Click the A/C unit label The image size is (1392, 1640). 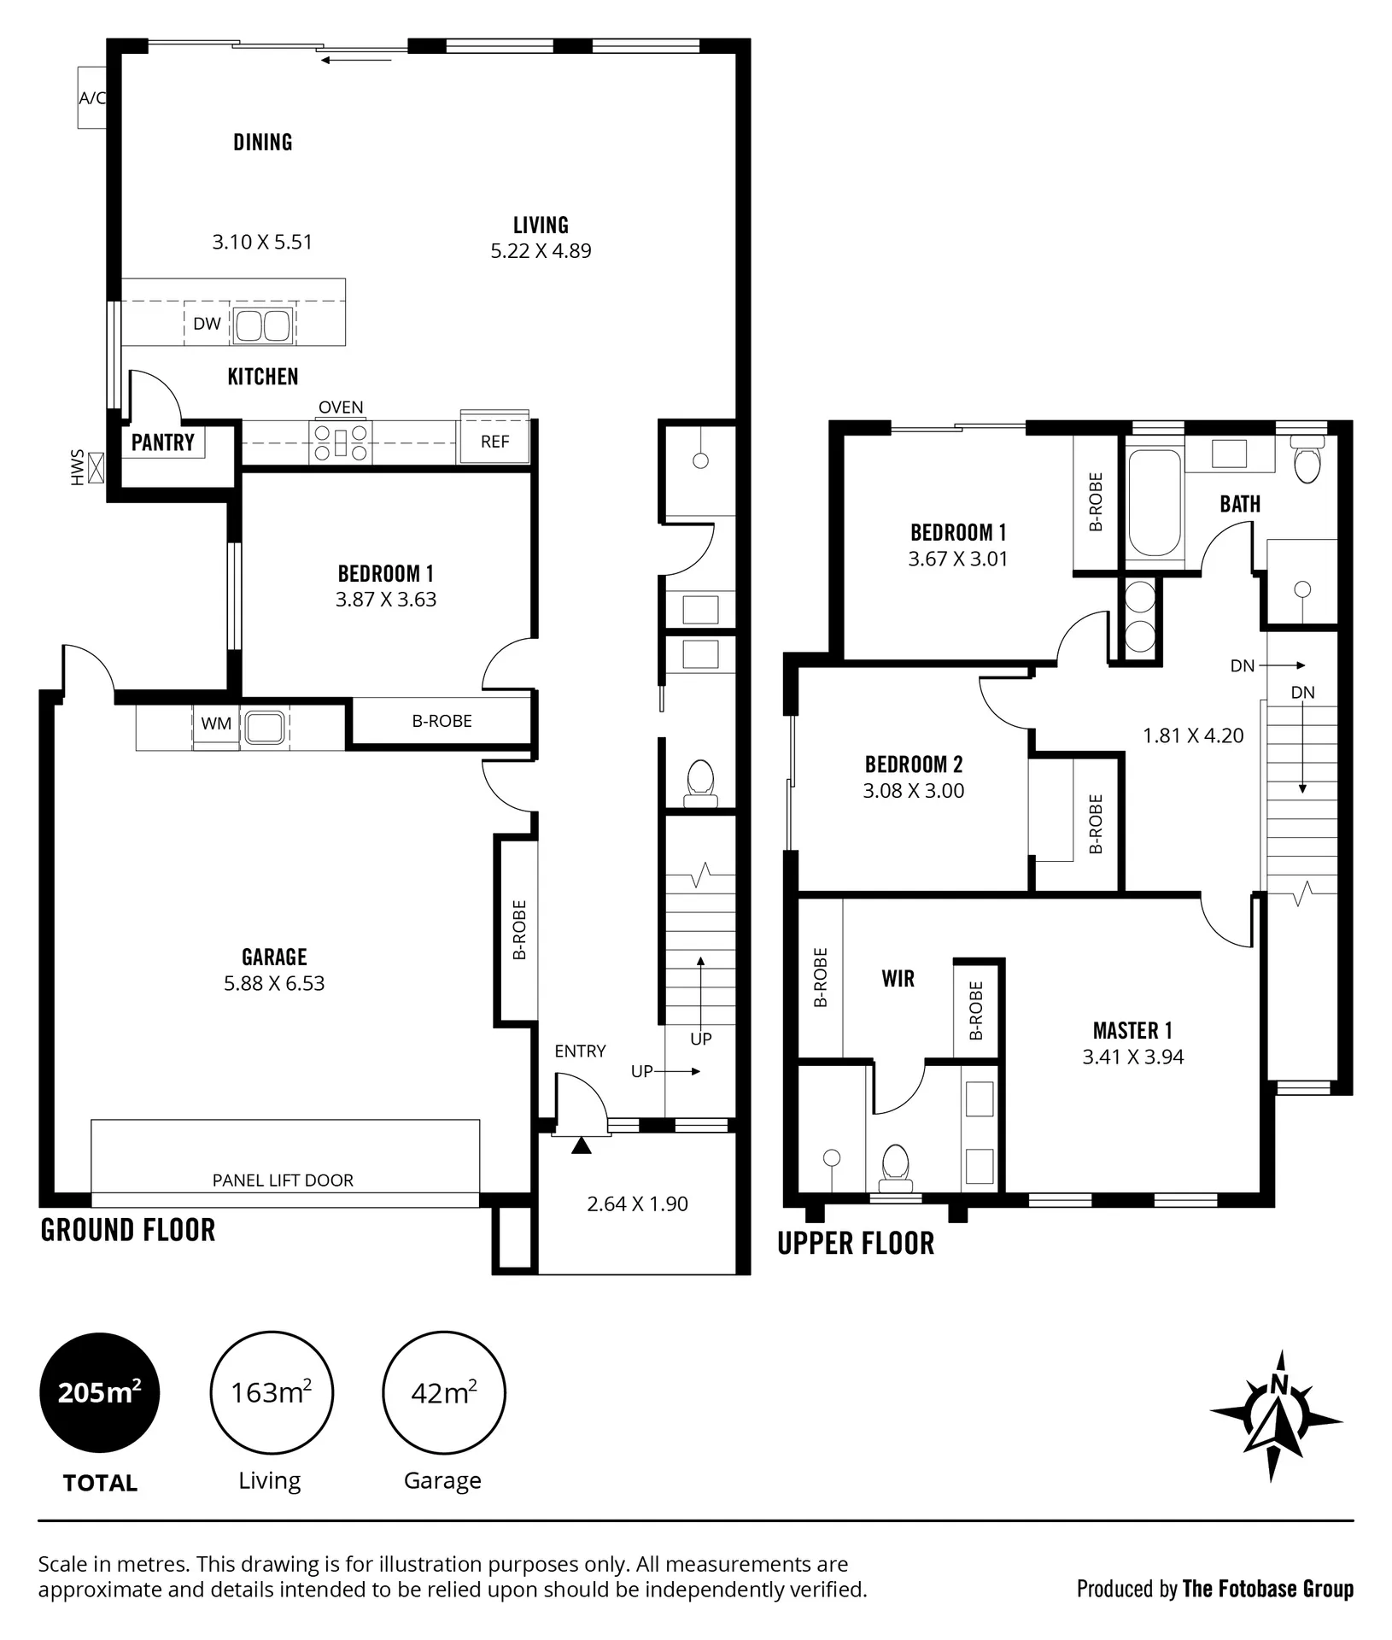tap(92, 98)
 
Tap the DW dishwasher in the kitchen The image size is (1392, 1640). tap(208, 324)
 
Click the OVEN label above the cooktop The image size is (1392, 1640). tap(341, 407)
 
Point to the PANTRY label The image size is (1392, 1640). tap(163, 442)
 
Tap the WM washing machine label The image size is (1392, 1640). tap(216, 723)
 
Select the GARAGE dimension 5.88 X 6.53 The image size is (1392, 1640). tap(274, 983)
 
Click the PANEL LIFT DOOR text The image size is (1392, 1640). tap(283, 1180)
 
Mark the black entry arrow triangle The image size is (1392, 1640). tap(581, 1145)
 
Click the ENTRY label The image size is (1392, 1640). tap(580, 1051)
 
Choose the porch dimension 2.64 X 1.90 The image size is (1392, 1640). tap(637, 1204)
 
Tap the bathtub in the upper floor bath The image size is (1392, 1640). tap(1155, 504)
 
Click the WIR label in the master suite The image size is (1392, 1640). tap(898, 979)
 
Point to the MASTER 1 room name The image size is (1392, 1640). tap(1132, 1031)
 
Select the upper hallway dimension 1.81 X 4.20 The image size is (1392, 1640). tap(1193, 735)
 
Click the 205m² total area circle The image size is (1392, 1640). tap(100, 1392)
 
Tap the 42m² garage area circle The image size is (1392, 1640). tap(444, 1392)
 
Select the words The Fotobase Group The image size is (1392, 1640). tap(1268, 1589)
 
